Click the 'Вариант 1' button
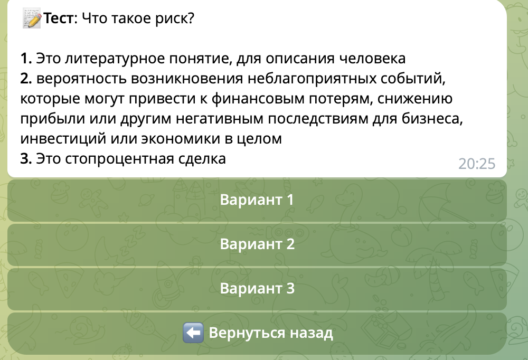tap(257, 201)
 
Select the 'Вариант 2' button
tap(257, 245)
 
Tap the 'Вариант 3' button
tap(257, 289)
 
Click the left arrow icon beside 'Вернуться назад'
tap(193, 334)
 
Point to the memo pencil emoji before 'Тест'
tap(32, 20)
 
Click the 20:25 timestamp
tap(477, 164)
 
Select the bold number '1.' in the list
tap(26, 58)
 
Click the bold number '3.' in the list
tap(26, 159)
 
